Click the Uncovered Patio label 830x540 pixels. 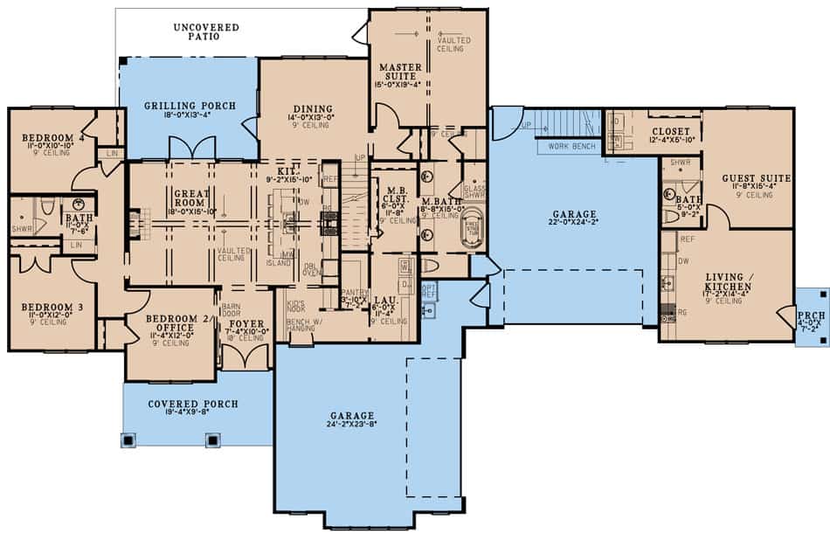click(206, 32)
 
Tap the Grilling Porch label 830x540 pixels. click(190, 107)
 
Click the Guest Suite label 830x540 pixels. click(750, 178)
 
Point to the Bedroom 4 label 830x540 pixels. click(45, 137)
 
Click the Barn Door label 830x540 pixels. click(232, 310)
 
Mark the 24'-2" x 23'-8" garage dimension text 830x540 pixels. click(353, 426)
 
